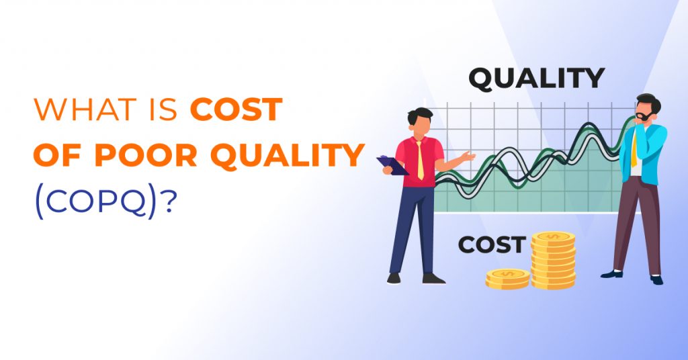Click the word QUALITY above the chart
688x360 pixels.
click(x=536, y=79)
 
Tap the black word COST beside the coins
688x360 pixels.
click(x=491, y=245)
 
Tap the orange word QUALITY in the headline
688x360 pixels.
click(x=288, y=156)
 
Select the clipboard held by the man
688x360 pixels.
click(x=392, y=165)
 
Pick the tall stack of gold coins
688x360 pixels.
click(x=553, y=259)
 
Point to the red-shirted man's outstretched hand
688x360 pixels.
click(x=468, y=157)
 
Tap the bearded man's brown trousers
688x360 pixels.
click(x=636, y=222)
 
